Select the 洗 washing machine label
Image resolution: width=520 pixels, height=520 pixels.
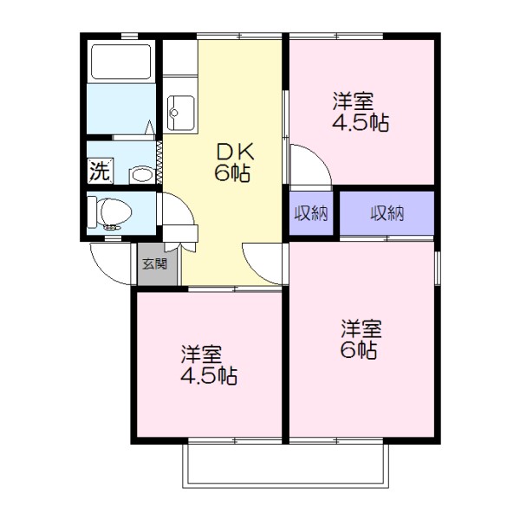coord(100,171)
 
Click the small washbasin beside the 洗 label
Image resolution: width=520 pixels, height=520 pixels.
coord(140,174)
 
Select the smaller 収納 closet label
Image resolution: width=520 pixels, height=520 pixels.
coord(309,214)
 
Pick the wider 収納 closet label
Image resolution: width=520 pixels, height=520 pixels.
coord(387,214)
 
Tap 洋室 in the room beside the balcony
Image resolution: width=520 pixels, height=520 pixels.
coord(201,354)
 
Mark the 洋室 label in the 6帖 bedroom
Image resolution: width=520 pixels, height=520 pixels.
coord(361,329)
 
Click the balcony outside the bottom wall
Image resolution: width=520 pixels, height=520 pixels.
coord(286,468)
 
